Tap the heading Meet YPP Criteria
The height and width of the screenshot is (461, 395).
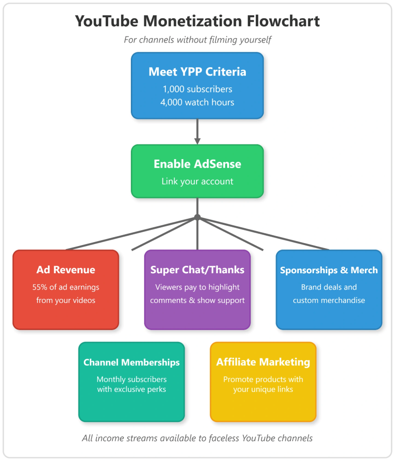click(197, 72)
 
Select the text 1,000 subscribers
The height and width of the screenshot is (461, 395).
click(197, 89)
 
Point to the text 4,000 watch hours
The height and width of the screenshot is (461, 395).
click(197, 103)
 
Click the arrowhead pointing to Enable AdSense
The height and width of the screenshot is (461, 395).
click(197, 141)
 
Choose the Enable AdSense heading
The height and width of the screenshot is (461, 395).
click(197, 164)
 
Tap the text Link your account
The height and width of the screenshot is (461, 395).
click(197, 181)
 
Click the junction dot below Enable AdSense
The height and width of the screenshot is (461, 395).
click(197, 217)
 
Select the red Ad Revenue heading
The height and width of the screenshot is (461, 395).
click(66, 270)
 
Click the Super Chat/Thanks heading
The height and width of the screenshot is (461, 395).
click(197, 270)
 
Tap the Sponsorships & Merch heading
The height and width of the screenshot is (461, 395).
click(329, 270)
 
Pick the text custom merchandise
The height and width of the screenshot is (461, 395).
click(329, 300)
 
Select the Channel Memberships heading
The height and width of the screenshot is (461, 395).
click(131, 363)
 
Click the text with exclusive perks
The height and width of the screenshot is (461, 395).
click(131, 389)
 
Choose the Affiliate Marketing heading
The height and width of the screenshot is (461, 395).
click(263, 362)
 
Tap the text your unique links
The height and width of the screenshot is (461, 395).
click(263, 389)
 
